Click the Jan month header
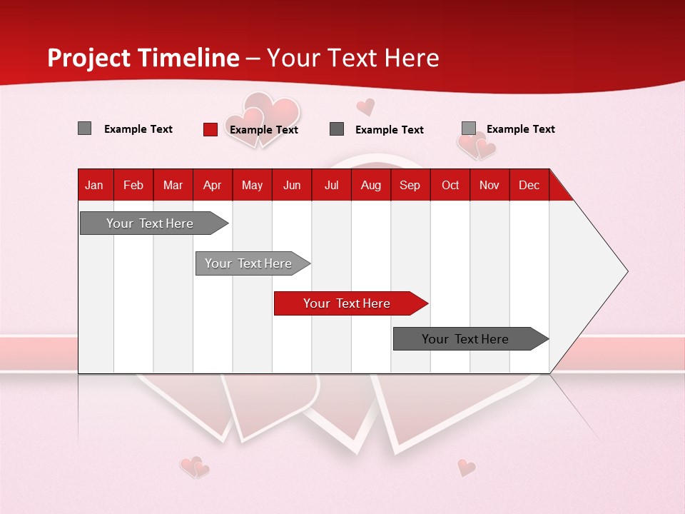[94, 185]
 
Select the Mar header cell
[173, 185]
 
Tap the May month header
[252, 185]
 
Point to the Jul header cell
[331, 185]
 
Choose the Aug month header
[370, 185]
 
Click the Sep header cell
[410, 185]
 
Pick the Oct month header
[450, 185]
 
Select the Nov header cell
[489, 185]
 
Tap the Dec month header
[529, 185]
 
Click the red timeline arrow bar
[350, 303]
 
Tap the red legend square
[210, 129]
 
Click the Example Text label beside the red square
[263, 130]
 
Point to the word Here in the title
[412, 58]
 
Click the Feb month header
[133, 185]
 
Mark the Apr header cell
[212, 185]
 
